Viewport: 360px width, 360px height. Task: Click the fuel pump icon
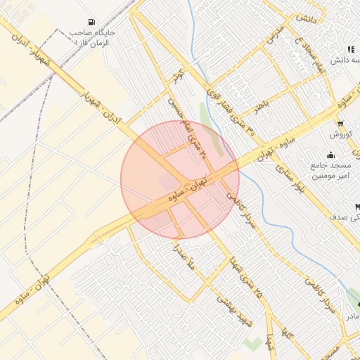[93, 21]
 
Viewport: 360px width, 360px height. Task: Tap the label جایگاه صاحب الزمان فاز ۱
[92, 37]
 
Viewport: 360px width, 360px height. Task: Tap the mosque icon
[330, 155]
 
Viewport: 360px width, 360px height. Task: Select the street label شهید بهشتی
[236, 309]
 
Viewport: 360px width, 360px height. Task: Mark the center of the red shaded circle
[180, 180]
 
